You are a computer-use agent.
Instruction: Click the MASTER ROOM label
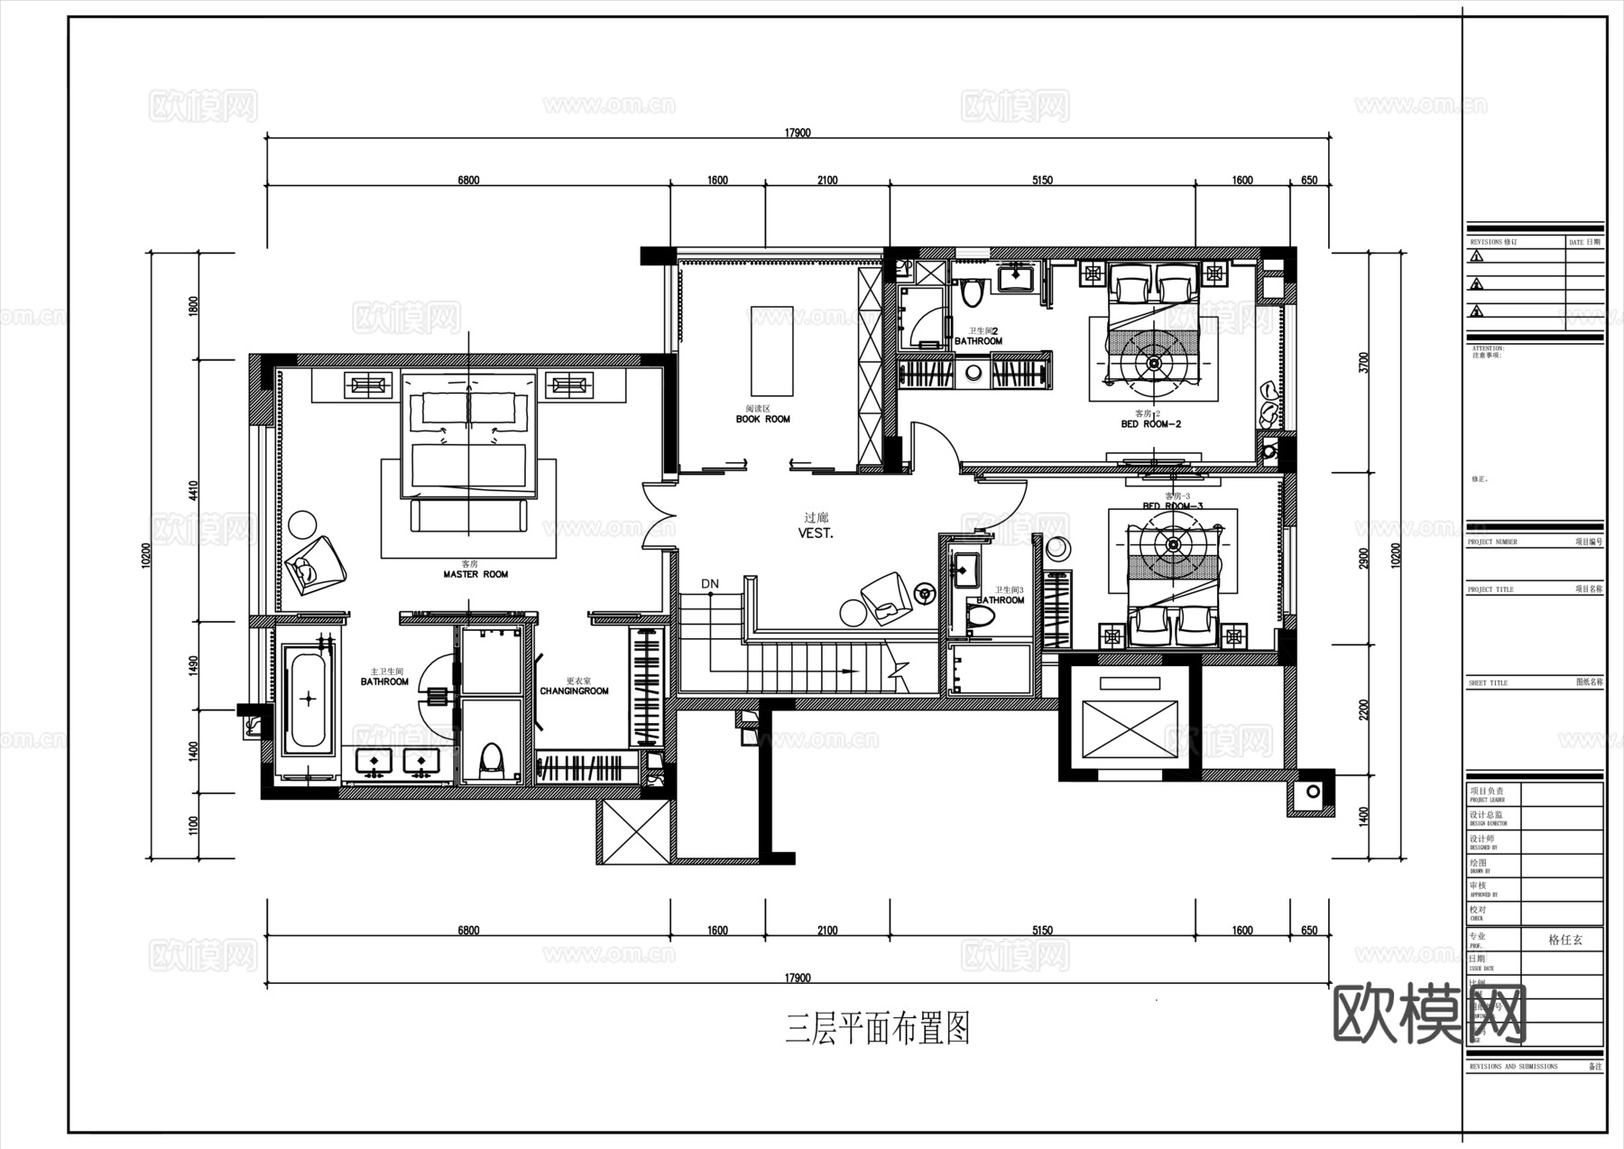coord(475,574)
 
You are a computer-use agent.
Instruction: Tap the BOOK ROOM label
coord(762,419)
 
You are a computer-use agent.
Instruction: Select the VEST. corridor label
coord(816,533)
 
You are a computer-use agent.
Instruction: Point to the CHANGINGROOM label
coord(574,691)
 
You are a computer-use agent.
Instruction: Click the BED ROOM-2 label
coord(1151,423)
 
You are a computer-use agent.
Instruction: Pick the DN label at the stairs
coord(710,584)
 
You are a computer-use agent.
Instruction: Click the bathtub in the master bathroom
coord(309,699)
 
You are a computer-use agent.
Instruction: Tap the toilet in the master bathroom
coord(491,760)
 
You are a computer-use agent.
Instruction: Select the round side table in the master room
coord(303,524)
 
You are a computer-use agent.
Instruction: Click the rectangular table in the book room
coord(771,351)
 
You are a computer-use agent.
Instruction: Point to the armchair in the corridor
coord(886,598)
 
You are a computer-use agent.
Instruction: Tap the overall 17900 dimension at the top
coord(798,133)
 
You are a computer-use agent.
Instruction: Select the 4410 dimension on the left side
coord(192,491)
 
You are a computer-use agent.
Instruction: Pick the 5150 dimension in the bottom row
coord(1042,931)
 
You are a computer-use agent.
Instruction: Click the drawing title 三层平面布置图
coord(878,1029)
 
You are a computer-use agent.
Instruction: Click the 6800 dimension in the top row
coord(468,181)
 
